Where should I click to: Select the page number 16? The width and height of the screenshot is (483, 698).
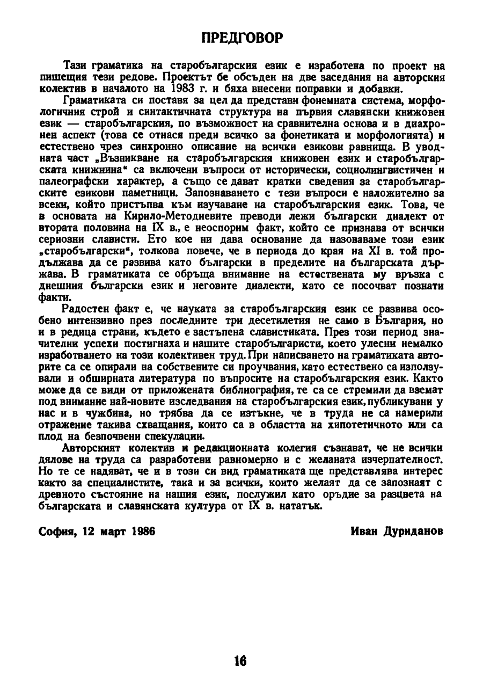click(240, 661)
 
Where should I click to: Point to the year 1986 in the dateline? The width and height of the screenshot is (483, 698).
click(142, 531)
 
